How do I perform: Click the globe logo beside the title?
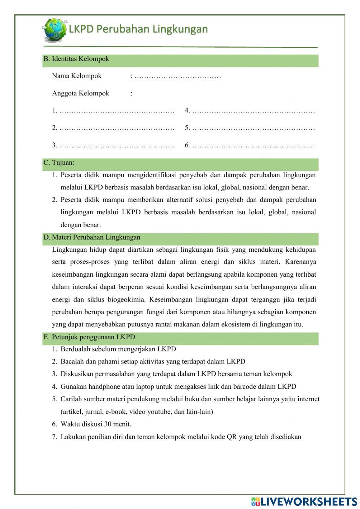coord(54,30)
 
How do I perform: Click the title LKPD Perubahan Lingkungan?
coord(138,29)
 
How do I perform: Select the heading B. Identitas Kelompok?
coord(76,59)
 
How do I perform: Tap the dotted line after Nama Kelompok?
coord(177,76)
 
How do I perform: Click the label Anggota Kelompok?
coord(80,94)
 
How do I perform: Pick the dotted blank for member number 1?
coord(117,111)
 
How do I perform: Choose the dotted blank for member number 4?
coord(253,111)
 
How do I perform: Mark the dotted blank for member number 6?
coord(253,146)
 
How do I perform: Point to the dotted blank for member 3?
coord(117,146)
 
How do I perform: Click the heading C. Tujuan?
coord(59,163)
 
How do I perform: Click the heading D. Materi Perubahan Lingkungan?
coord(92,237)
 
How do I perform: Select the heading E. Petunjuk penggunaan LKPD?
coord(89,337)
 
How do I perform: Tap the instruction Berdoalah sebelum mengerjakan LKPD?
coord(118,349)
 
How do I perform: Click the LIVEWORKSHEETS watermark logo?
coord(304,501)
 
